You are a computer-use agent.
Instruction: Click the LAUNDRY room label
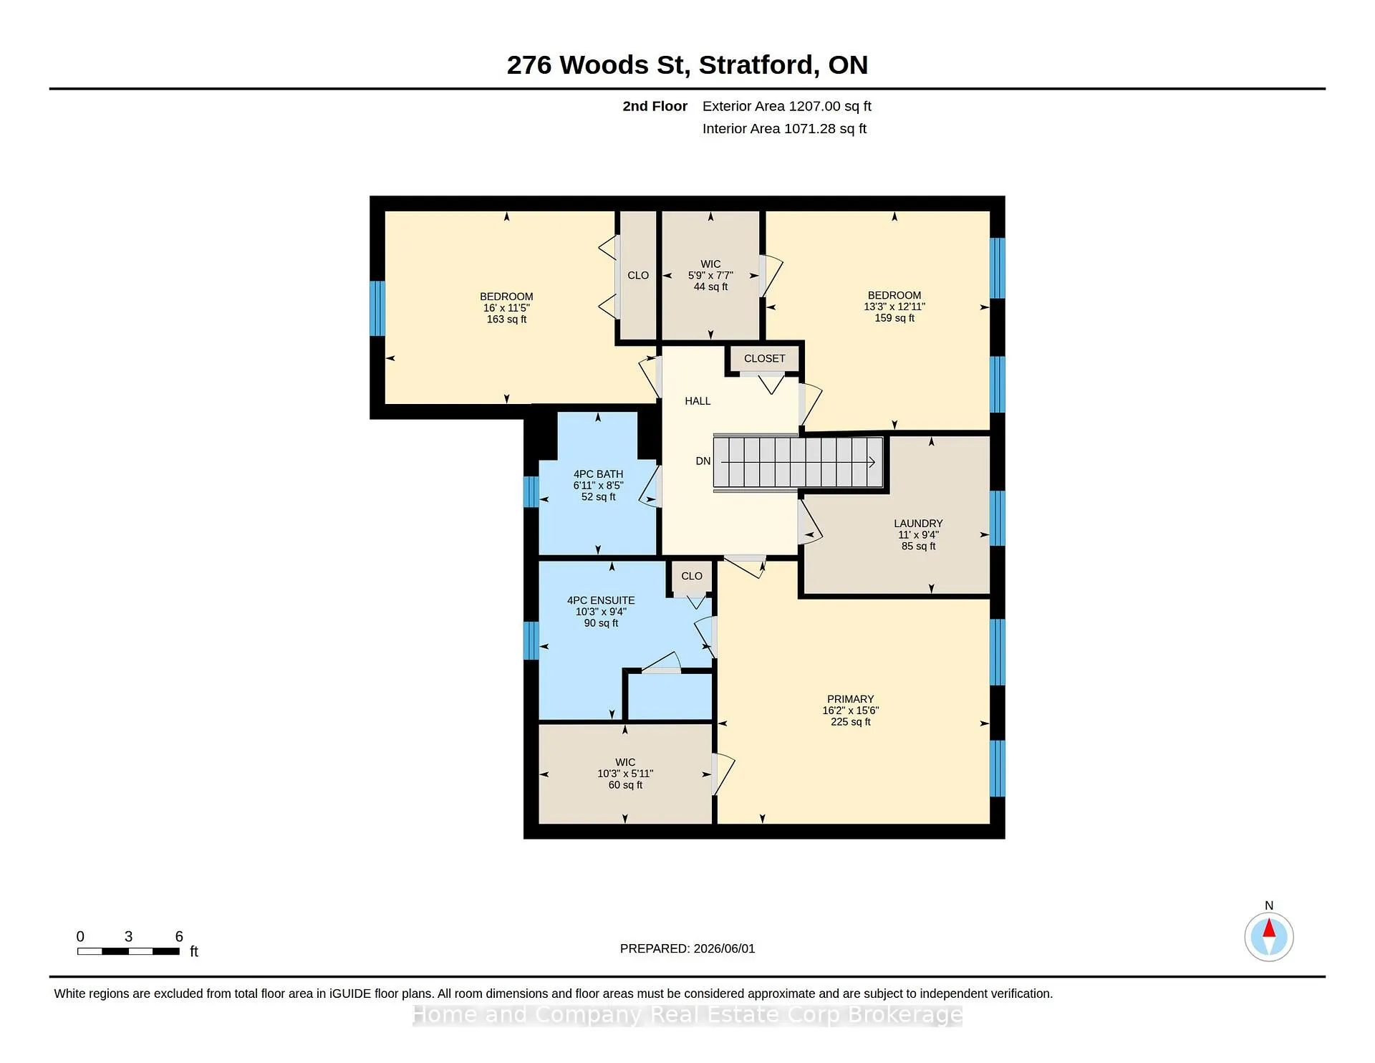pos(918,524)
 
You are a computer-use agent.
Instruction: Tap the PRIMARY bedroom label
pos(850,699)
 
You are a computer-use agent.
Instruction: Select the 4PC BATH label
pos(598,474)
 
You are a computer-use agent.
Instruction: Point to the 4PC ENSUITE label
pos(601,600)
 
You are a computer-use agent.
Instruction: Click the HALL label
pos(698,401)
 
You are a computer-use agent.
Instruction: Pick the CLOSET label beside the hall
pos(764,358)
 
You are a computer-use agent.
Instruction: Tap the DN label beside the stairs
pos(703,461)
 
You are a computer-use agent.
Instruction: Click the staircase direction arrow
pos(799,462)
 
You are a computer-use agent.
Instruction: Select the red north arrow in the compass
pos(1269,928)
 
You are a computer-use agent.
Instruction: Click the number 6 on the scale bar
pos(179,936)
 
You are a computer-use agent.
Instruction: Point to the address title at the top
pos(687,65)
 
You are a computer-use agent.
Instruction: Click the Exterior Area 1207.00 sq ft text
pos(787,107)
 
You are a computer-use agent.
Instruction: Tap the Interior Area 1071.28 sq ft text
pos(784,129)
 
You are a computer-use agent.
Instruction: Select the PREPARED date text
pos(687,948)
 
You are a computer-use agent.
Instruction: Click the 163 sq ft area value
pos(506,319)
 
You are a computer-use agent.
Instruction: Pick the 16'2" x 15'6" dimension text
pos(850,711)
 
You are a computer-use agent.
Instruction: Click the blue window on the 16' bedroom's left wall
pos(377,309)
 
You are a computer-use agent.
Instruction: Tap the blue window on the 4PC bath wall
pos(531,492)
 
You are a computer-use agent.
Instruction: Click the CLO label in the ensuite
pos(692,576)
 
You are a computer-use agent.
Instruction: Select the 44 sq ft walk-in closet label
pos(710,287)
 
